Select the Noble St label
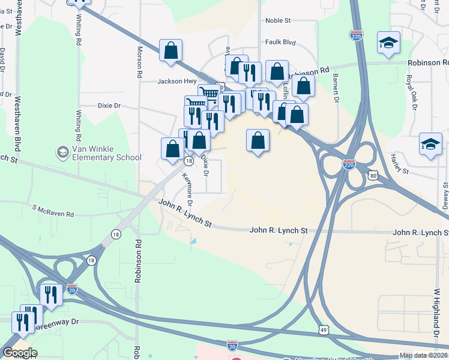point(278,20)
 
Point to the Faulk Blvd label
point(281,43)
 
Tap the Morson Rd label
point(140,62)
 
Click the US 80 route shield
point(373,175)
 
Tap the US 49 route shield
point(324,330)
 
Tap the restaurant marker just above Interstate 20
point(50,295)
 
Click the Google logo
point(20,353)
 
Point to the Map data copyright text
point(423,355)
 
